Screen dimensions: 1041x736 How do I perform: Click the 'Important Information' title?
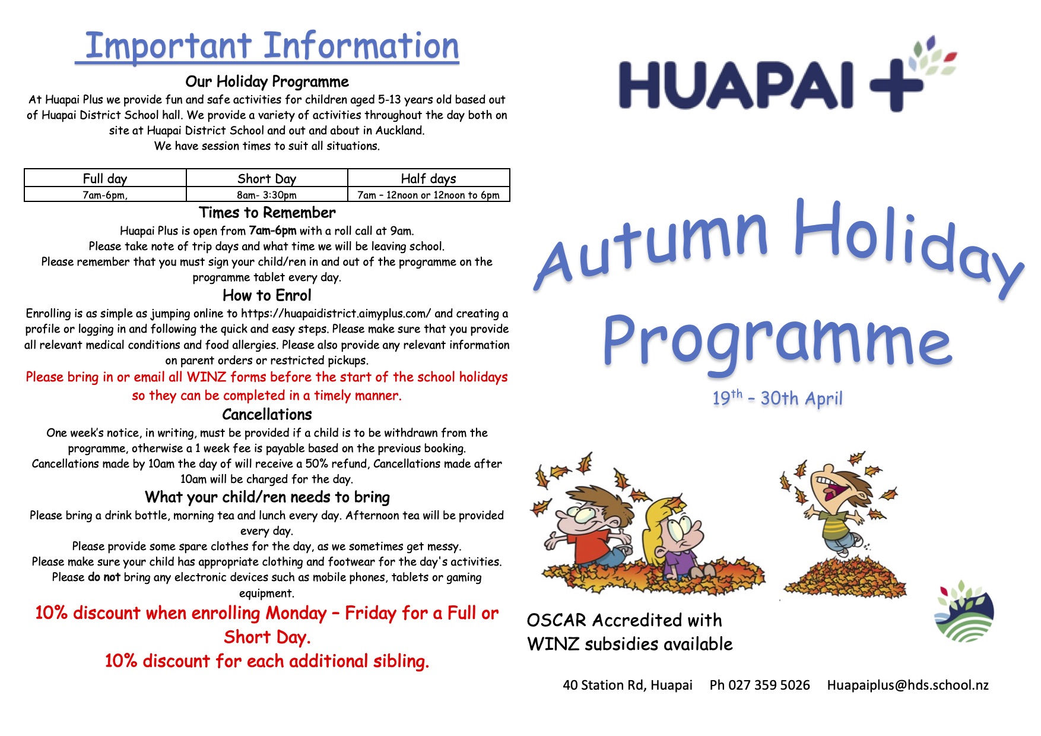[x=272, y=46]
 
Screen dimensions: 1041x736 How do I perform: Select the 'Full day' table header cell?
[x=105, y=178]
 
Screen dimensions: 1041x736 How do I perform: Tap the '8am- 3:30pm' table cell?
[x=266, y=195]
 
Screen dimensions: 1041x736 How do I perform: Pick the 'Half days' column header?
[x=429, y=178]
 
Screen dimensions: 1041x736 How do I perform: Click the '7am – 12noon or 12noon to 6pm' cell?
[x=429, y=195]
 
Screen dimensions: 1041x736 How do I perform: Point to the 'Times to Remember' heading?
[x=267, y=213]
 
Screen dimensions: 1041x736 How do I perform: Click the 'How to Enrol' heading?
[x=267, y=295]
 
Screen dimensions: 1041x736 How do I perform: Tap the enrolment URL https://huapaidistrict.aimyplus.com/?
[x=336, y=314]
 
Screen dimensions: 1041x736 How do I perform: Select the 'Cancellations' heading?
[x=267, y=415]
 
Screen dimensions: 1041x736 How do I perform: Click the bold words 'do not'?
[x=104, y=577]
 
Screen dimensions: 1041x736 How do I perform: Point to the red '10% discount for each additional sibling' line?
[x=267, y=661]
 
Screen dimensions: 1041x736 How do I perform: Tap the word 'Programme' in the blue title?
[x=777, y=339]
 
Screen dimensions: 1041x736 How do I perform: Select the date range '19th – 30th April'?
[x=777, y=397]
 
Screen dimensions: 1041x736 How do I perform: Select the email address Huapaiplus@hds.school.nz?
[x=908, y=685]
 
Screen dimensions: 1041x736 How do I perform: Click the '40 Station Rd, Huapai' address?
[x=627, y=685]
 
